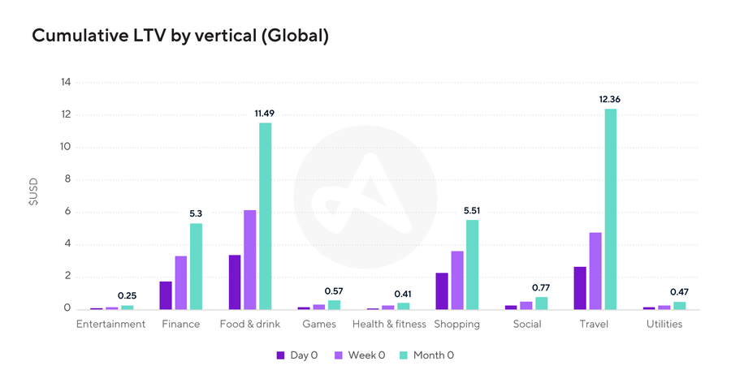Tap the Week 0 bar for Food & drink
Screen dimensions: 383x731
point(249,260)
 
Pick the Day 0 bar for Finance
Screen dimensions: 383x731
point(166,295)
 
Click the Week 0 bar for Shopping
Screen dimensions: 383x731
point(457,280)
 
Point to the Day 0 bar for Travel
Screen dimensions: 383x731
point(580,288)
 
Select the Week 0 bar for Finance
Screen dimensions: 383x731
point(180,282)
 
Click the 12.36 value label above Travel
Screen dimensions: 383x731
point(611,99)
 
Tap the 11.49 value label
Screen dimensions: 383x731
point(265,114)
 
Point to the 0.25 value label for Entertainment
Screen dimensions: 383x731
point(127,295)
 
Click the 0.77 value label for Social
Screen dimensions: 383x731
point(542,287)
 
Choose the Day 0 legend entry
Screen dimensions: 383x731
point(297,355)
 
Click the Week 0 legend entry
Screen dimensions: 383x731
point(361,355)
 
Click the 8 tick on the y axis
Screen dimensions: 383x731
point(67,179)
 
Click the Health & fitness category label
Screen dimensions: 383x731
point(389,324)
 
